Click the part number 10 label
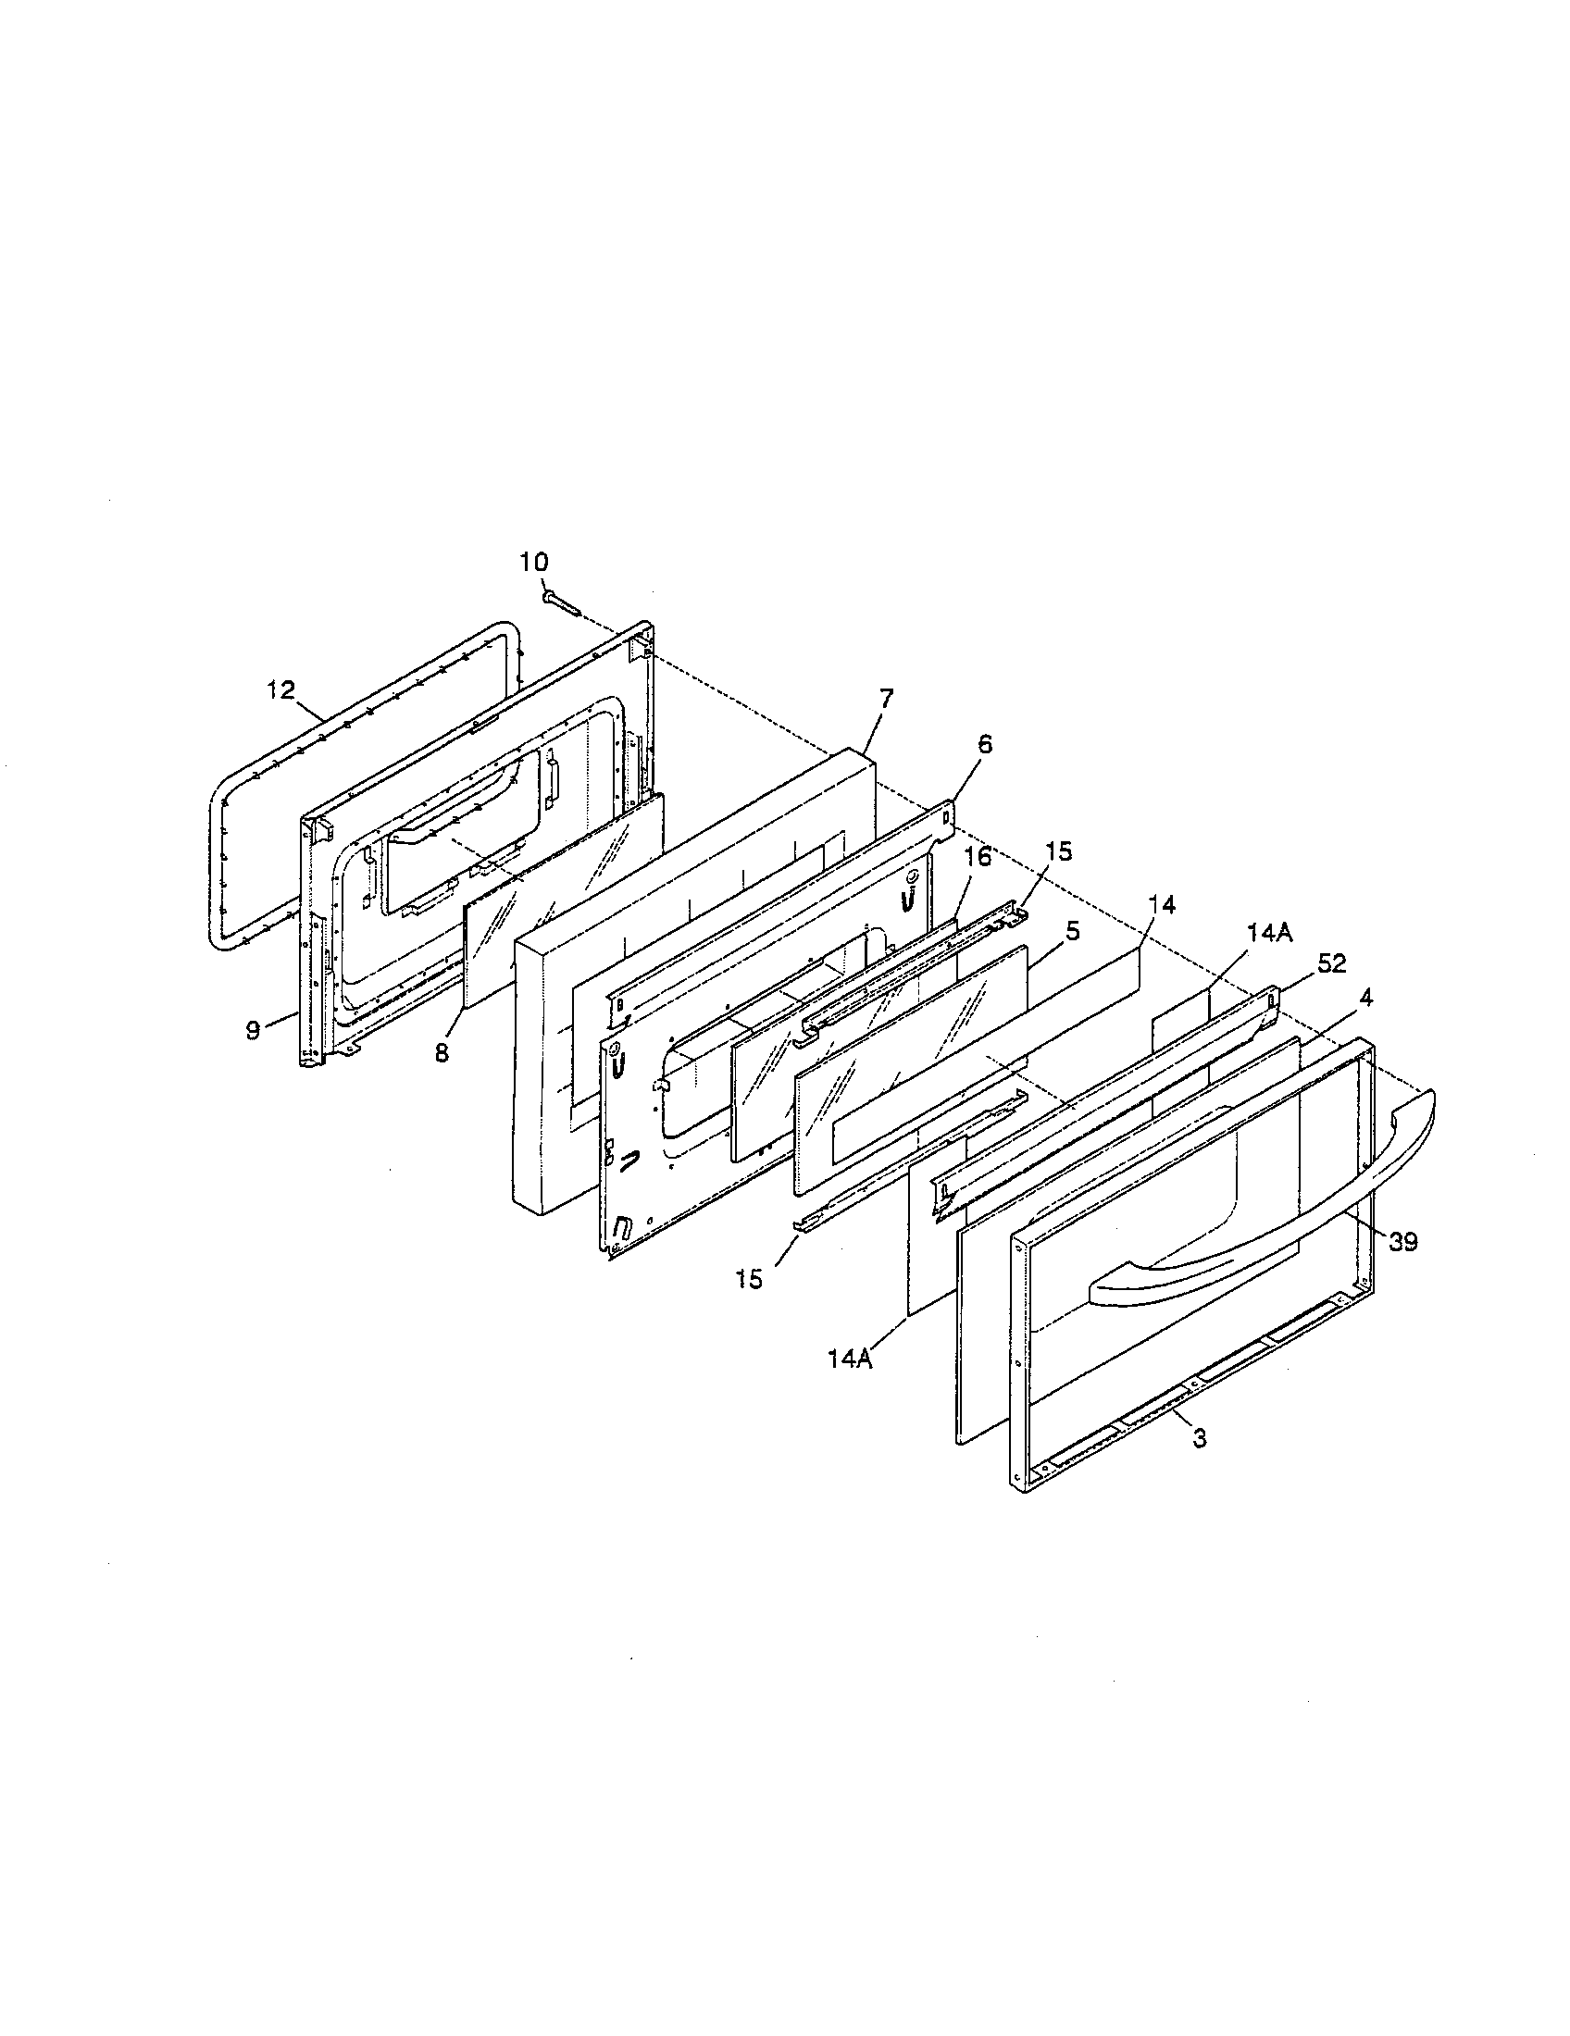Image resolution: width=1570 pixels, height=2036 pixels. pyautogui.click(x=534, y=562)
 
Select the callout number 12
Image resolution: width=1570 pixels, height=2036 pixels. pyautogui.click(x=280, y=689)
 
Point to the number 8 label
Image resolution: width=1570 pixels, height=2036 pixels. pyautogui.click(x=442, y=1051)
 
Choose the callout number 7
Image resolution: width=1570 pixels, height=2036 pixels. pyautogui.click(x=885, y=696)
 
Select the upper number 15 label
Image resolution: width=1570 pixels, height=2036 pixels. pyautogui.click(x=1058, y=850)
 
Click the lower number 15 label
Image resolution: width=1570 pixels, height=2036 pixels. pyautogui.click(x=749, y=1279)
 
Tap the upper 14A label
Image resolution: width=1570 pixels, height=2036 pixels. pyautogui.click(x=1270, y=935)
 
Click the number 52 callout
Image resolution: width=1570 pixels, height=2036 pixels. pyautogui.click(x=1332, y=964)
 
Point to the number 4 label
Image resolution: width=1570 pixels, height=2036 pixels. pyautogui.click(x=1364, y=997)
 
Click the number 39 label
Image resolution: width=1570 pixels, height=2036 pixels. pyautogui.click(x=1403, y=1241)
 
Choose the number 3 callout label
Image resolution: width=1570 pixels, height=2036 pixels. pyautogui.click(x=1200, y=1438)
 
